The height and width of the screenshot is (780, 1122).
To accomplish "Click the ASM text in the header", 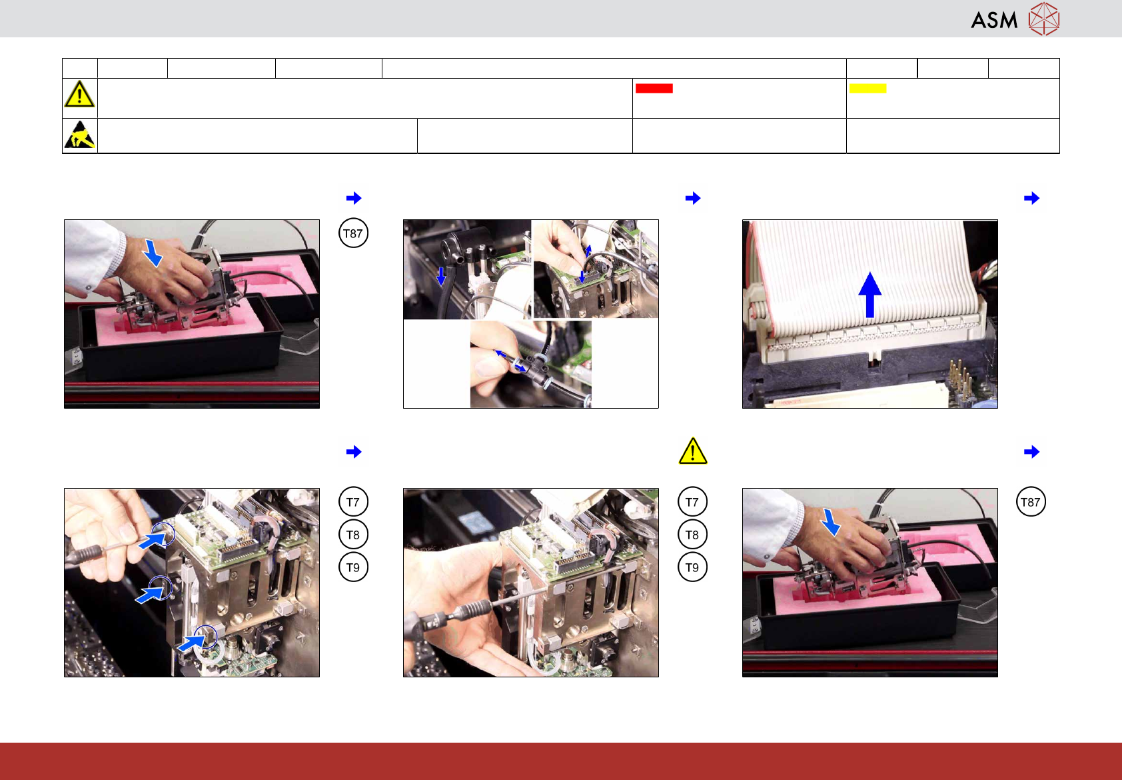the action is (994, 21).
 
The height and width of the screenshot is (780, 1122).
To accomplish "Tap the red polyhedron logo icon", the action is (1044, 19).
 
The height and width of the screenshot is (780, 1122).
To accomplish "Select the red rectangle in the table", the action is (654, 88).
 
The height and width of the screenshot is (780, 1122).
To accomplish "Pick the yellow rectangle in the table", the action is (867, 88).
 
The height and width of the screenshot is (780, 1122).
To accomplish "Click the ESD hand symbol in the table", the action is (80, 135).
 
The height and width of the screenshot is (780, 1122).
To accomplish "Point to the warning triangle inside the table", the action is (80, 94).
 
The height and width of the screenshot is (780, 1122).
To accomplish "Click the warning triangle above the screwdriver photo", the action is (693, 451).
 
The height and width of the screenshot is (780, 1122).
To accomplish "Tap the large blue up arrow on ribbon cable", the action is (870, 295).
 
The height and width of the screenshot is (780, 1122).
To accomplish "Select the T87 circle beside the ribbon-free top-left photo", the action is (353, 233).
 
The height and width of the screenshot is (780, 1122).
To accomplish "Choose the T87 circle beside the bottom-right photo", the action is (1031, 502).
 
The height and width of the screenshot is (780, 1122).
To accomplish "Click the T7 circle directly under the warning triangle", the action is (692, 502).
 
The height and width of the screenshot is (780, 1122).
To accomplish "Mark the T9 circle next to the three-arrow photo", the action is (353, 567).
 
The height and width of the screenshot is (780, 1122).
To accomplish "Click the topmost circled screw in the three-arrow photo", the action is (163, 533).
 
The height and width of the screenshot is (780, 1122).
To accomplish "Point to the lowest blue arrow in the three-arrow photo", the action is (191, 642).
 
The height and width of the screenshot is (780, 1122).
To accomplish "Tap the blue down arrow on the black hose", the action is (441, 276).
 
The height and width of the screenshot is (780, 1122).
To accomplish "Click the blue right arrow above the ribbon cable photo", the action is (1031, 198).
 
